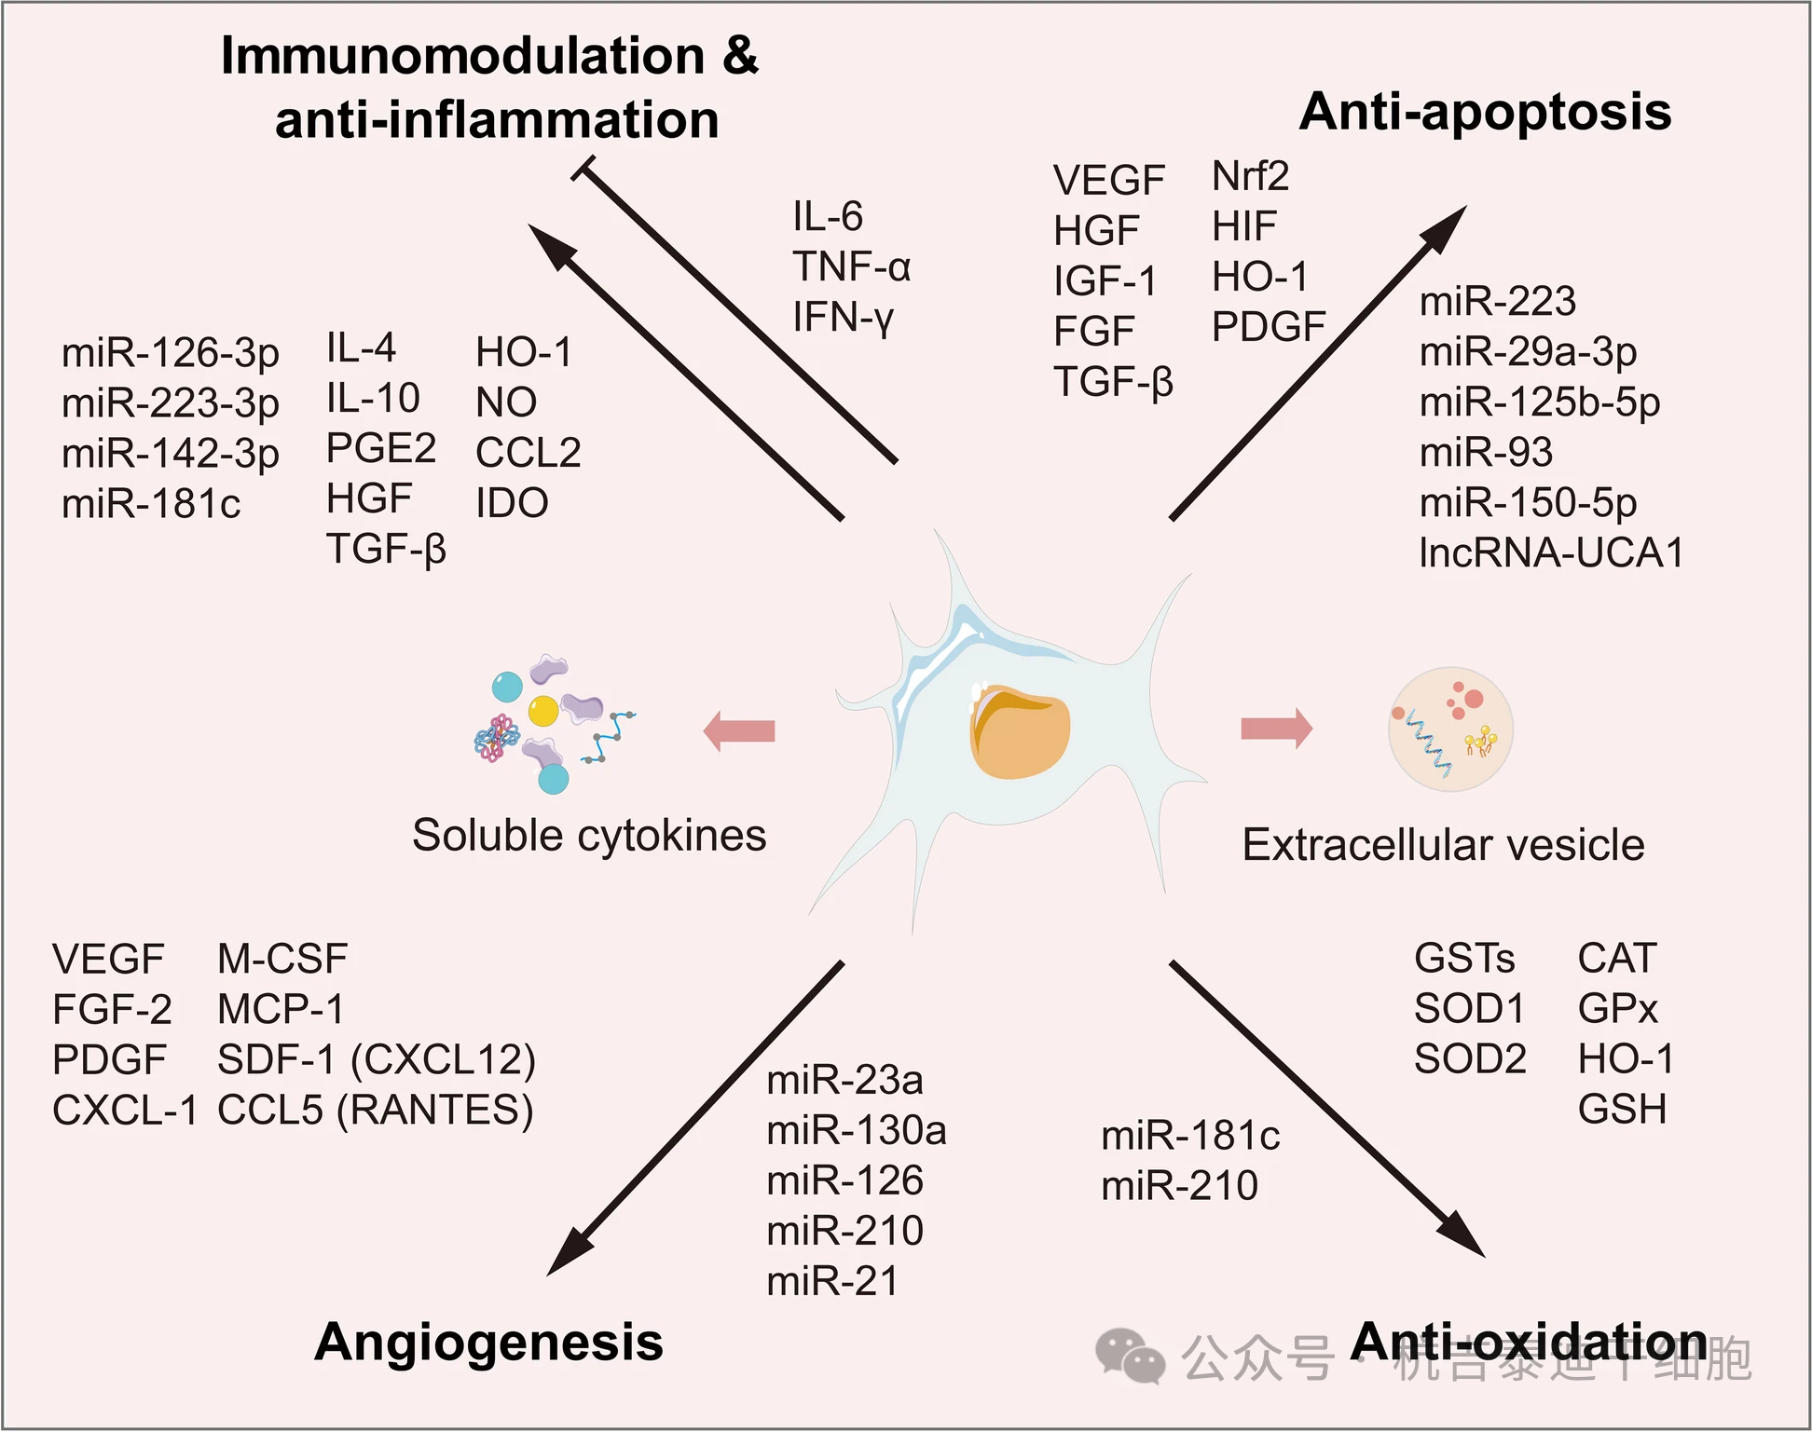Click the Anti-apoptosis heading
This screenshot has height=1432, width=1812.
pyautogui.click(x=1484, y=112)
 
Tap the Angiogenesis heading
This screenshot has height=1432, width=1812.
pyautogui.click(x=488, y=1343)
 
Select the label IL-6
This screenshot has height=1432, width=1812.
pyautogui.click(x=828, y=217)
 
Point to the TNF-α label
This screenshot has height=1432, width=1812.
pyautogui.click(x=851, y=267)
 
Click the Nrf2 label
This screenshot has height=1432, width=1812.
pyautogui.click(x=1250, y=176)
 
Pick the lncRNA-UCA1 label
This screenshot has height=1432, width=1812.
pyautogui.click(x=1551, y=552)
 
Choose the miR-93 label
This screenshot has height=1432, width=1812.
pyautogui.click(x=1486, y=453)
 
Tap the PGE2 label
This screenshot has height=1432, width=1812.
pyautogui.click(x=380, y=449)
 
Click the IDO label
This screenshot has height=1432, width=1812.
pyautogui.click(x=512, y=503)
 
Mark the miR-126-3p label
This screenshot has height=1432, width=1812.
pyautogui.click(x=171, y=353)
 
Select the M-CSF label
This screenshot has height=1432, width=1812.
pyautogui.click(x=282, y=959)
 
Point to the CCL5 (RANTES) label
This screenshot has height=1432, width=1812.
pyautogui.click(x=375, y=1110)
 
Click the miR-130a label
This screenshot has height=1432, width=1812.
pyautogui.click(x=856, y=1131)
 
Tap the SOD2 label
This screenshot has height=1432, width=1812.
pyautogui.click(x=1470, y=1059)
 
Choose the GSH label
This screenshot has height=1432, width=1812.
pyautogui.click(x=1622, y=1110)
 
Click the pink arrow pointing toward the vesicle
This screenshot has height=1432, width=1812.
pyautogui.click(x=1276, y=729)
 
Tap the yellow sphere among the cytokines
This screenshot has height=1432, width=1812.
pyautogui.click(x=543, y=711)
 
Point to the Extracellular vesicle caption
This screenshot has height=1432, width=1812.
pyautogui.click(x=1443, y=845)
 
